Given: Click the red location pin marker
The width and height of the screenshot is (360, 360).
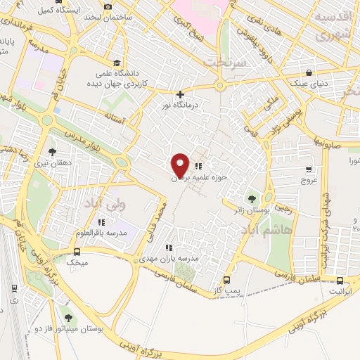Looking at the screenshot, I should (x=180, y=165).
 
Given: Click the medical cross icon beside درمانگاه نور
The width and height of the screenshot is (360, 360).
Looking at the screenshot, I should (x=181, y=94).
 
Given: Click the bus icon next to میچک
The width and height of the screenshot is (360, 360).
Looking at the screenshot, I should (x=77, y=252).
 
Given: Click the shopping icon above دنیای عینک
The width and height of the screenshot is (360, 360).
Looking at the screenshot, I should (x=309, y=72).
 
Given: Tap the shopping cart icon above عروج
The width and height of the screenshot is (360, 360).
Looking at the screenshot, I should (x=308, y=169).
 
